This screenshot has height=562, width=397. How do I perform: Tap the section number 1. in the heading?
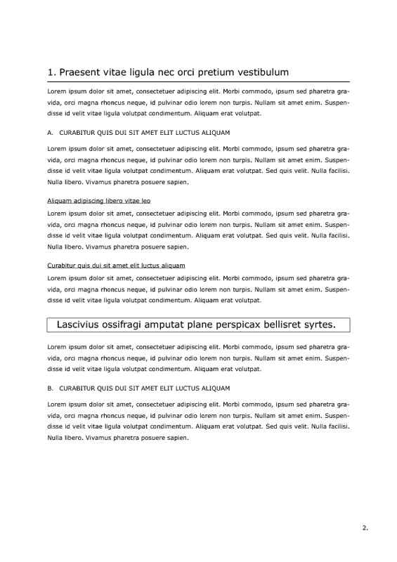coord(51,72)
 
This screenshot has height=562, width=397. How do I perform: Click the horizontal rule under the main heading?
coord(198,82)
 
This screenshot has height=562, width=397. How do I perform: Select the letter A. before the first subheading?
coord(51,133)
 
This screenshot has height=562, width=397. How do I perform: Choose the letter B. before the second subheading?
coord(51,388)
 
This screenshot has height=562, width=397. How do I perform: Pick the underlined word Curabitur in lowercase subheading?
coord(62,266)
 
